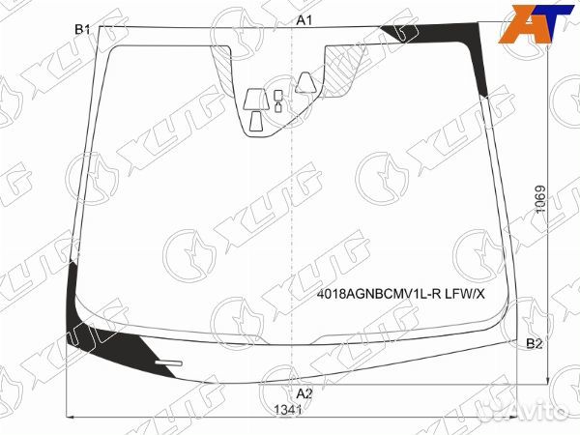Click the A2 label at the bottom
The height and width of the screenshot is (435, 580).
[304, 393]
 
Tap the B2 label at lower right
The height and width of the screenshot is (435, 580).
[534, 343]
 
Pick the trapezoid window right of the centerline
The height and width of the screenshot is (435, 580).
[306, 81]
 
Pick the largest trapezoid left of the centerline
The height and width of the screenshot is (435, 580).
[258, 100]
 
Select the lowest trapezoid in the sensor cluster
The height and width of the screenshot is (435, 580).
[257, 121]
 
